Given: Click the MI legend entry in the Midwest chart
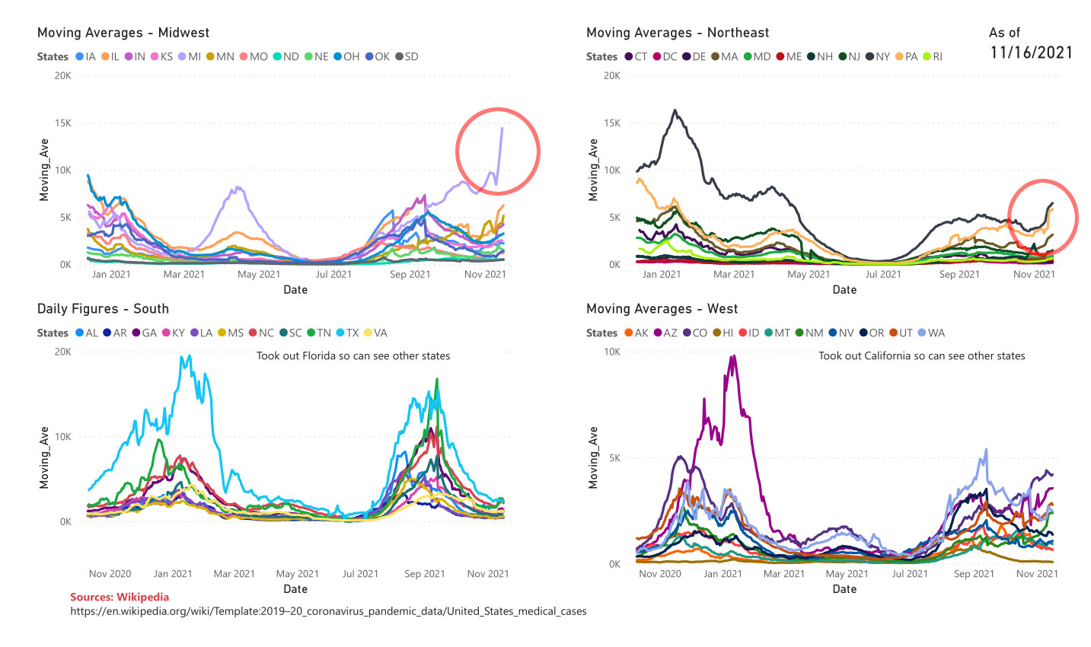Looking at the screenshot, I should [190, 56].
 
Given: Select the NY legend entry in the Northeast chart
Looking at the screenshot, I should [878, 56].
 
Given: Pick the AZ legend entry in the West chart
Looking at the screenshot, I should [665, 333].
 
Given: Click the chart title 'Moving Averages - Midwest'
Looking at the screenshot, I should [123, 33].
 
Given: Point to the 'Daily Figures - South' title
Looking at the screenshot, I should [103, 309].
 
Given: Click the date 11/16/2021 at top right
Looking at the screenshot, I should [1032, 53].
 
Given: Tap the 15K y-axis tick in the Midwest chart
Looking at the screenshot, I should [62, 123].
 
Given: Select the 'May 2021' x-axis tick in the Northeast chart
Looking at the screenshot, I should [809, 274].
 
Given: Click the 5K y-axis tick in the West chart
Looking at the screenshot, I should [612, 458].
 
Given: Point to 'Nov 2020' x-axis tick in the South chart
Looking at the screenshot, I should [110, 574].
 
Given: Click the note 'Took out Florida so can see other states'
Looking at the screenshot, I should [353, 355].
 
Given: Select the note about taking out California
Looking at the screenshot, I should [921, 355].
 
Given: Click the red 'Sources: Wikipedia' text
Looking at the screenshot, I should [120, 598].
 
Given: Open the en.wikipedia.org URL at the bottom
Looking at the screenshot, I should [328, 611].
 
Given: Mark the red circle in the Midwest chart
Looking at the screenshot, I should [498, 149].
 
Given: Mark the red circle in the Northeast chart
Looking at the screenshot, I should [1043, 216].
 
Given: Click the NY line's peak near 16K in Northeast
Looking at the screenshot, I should [675, 110].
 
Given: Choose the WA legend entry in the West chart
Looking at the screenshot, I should [931, 333].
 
